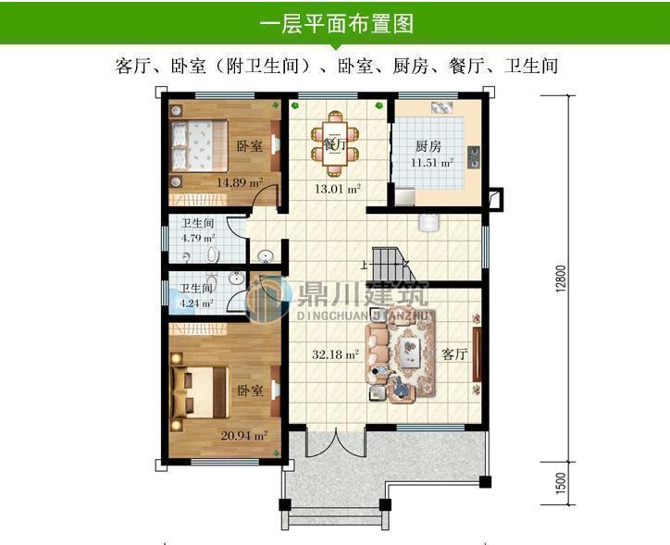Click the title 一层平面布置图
pos(335,22)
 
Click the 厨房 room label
pos(428,146)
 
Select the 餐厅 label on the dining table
pos(336,145)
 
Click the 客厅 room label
pos(453,354)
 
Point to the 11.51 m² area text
pos(431,163)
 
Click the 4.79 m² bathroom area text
pos(197,237)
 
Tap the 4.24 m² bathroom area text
pos(195,302)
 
